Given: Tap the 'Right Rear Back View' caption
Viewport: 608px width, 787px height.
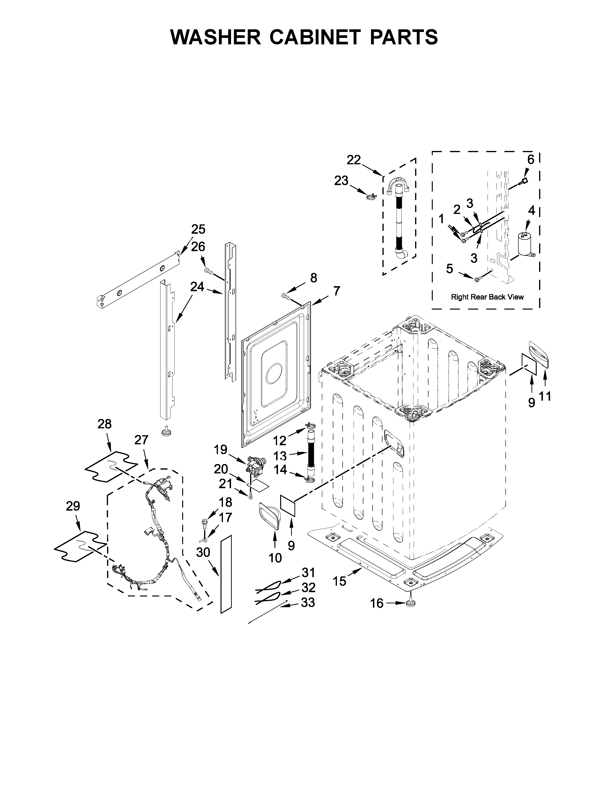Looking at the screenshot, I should point(487,297).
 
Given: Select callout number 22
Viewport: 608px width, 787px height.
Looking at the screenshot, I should point(353,160).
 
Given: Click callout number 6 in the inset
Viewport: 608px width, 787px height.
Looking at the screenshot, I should point(531,159).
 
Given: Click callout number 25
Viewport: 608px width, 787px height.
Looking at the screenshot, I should point(198,229).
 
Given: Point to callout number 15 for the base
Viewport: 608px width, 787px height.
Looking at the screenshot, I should point(339,581).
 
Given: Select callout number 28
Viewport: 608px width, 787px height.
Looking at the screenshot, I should point(104,424).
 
